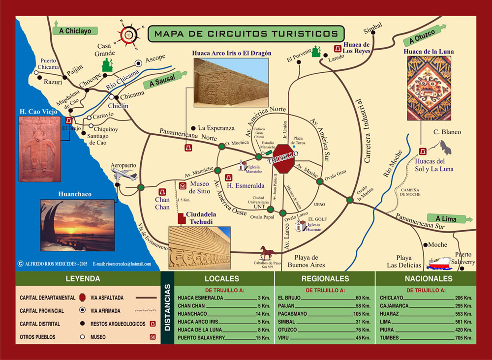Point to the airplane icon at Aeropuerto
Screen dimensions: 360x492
(123, 174)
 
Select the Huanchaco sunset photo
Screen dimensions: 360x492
(78, 225)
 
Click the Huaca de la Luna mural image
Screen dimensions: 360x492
(429, 88)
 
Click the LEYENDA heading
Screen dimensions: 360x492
(83, 279)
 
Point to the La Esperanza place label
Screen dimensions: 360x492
(216, 128)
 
